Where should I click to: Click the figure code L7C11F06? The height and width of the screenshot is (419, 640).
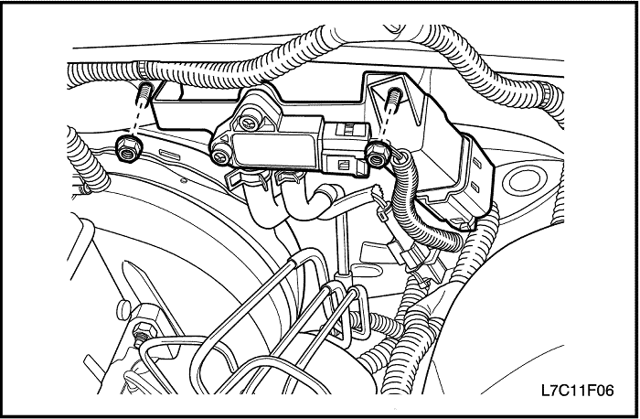[x=577, y=391]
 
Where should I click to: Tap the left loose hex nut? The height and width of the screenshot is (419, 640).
[x=130, y=149]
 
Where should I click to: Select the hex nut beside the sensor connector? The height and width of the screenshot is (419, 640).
[x=378, y=155]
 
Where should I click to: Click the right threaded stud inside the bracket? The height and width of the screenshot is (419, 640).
[x=393, y=98]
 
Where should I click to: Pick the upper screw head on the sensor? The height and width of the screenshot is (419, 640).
[x=250, y=120]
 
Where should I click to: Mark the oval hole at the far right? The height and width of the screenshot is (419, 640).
[x=525, y=180]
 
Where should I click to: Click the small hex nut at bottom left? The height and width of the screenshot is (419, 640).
[x=143, y=331]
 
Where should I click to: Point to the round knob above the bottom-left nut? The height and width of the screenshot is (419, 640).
[x=123, y=310]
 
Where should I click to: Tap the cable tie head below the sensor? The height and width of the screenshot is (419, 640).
[x=382, y=213]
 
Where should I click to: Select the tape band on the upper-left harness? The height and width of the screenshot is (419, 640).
[x=142, y=70]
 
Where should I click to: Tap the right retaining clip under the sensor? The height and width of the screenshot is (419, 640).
[x=290, y=177]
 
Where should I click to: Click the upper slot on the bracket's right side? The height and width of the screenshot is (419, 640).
[x=477, y=163]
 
